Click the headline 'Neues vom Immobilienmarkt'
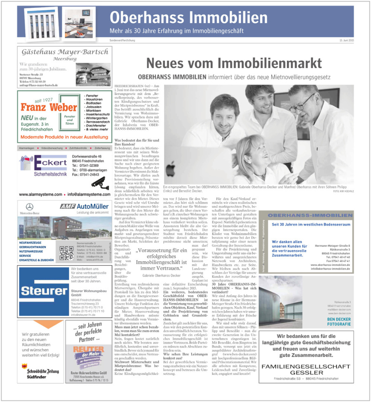pyautogui.click(x=234, y=63)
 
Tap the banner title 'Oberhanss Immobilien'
pyautogui.click(x=188, y=18)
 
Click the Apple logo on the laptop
pyautogui.click(x=170, y=165)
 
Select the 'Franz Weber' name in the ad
pyautogui.click(x=49, y=108)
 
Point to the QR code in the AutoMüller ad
pyautogui.click(x=66, y=252)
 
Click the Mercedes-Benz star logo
pyautogui.click(x=29, y=207)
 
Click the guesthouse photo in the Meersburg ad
pyautogui.click(x=92, y=74)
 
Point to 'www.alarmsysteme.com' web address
pyautogui.click(x=41, y=194)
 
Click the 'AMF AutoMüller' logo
pyautogui.click(x=86, y=206)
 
